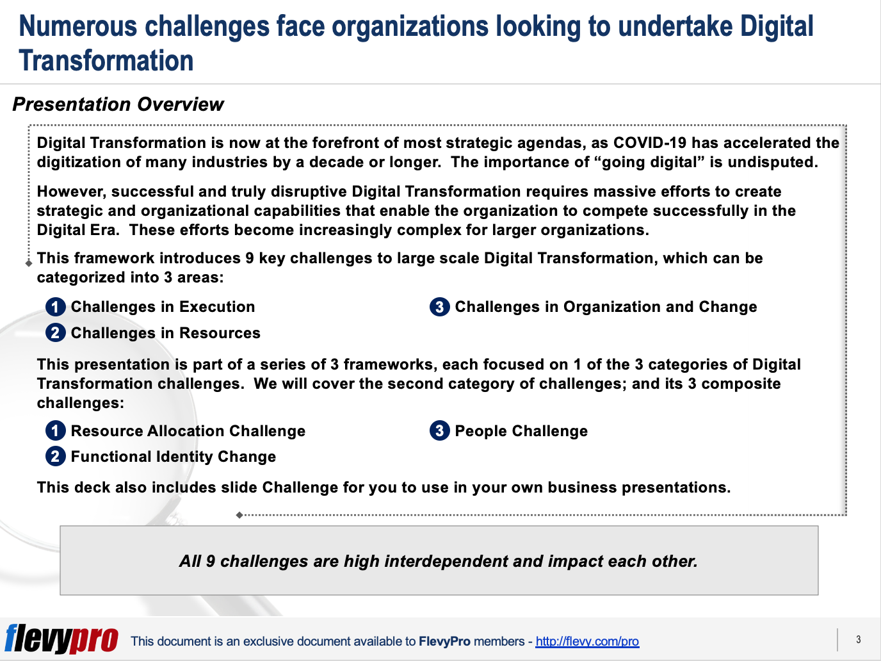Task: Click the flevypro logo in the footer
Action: click(x=61, y=639)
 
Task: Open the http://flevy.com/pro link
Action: click(x=587, y=641)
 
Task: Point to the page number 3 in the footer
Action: click(x=858, y=639)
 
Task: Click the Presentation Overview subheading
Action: click(x=118, y=104)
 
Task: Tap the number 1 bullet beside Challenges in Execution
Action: click(x=56, y=307)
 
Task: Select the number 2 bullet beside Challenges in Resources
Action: click(x=56, y=333)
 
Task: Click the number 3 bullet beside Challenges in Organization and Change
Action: click(x=439, y=307)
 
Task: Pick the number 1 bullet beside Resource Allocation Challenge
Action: click(x=56, y=431)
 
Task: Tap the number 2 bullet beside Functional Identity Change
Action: click(x=56, y=457)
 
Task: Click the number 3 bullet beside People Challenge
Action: click(x=439, y=431)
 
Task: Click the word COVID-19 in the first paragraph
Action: click(x=650, y=143)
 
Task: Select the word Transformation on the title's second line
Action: click(x=106, y=61)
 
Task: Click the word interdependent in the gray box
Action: click(x=446, y=561)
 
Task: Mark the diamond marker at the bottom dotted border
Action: click(x=239, y=515)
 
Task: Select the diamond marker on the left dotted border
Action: click(x=29, y=263)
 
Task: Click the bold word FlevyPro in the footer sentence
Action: click(x=444, y=641)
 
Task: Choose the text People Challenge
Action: click(x=521, y=431)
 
